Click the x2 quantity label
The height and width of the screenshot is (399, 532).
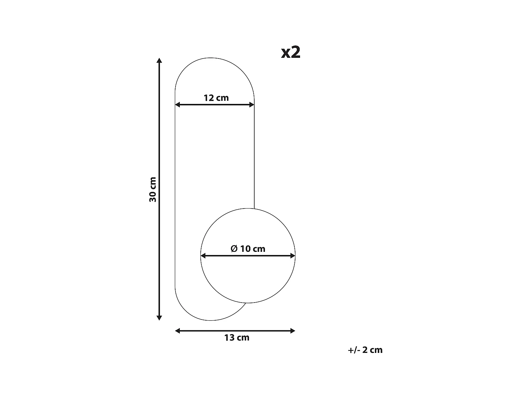pyautogui.click(x=291, y=52)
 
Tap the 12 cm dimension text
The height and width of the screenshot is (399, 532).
pyautogui.click(x=216, y=98)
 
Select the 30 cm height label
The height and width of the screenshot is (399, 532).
pyautogui.click(x=153, y=189)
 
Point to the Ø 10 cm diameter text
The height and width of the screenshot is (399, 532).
pyautogui.click(x=248, y=249)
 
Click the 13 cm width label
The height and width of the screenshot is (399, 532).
pyautogui.click(x=237, y=338)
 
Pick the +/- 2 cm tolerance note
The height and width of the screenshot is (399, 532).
pyautogui.click(x=365, y=350)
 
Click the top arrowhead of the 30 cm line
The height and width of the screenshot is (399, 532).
pyautogui.click(x=159, y=60)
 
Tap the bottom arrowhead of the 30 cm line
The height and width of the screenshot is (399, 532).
pyautogui.click(x=159, y=318)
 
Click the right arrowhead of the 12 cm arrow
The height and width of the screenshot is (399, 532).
pyautogui.click(x=252, y=105)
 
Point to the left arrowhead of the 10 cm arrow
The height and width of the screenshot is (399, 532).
pyautogui.click(x=203, y=255)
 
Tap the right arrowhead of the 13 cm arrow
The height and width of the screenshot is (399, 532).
pyautogui.click(x=293, y=331)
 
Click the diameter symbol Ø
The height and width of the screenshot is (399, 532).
pyautogui.click(x=234, y=249)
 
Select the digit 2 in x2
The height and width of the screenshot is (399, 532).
pyautogui.click(x=296, y=52)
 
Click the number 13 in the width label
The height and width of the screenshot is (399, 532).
pyautogui.click(x=229, y=338)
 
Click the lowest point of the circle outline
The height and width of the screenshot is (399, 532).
pyautogui.click(x=248, y=303)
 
